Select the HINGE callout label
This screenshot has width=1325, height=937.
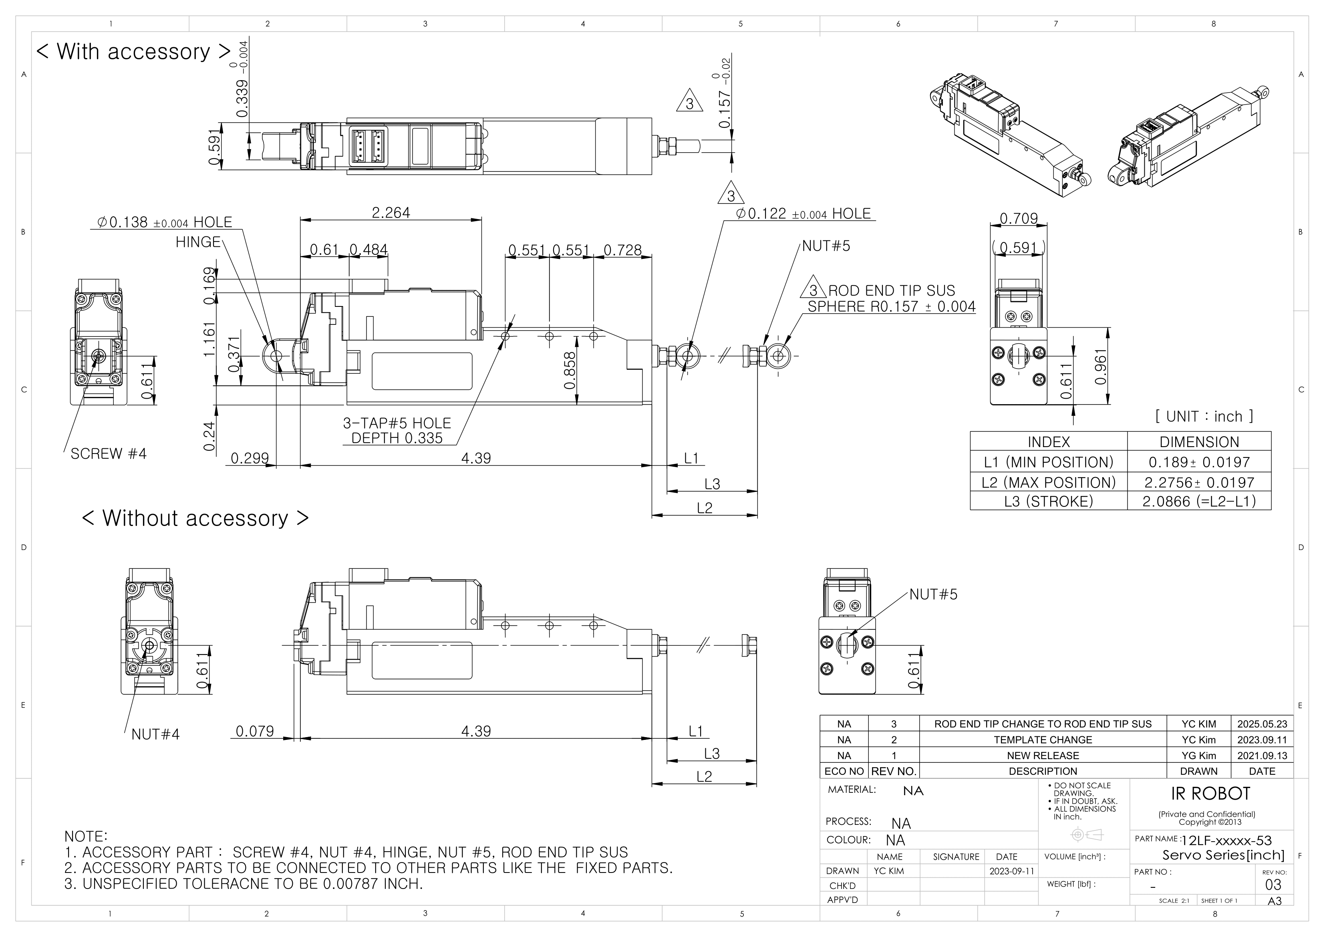(x=198, y=242)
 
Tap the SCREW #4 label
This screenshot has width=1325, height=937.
(x=109, y=454)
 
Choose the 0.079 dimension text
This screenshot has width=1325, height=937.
(x=254, y=731)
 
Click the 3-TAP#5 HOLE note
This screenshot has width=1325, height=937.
(x=397, y=423)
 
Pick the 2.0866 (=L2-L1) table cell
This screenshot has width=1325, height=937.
(x=1198, y=501)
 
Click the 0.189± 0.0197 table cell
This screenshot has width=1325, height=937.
(x=1198, y=462)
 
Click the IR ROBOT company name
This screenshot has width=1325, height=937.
(x=1210, y=794)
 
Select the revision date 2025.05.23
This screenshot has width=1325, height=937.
(x=1262, y=724)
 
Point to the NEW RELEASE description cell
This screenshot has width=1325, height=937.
(x=1042, y=755)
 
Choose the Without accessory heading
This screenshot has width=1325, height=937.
(x=195, y=518)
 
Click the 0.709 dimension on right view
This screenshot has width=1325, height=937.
(x=1018, y=219)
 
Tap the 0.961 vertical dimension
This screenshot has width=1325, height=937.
(x=1101, y=367)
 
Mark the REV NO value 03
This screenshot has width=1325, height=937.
(x=1273, y=885)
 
